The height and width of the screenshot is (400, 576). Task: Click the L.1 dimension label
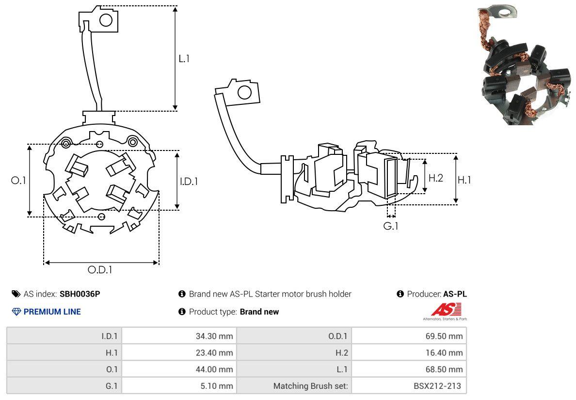tap(184, 59)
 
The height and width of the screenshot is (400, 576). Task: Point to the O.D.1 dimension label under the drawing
tap(100, 270)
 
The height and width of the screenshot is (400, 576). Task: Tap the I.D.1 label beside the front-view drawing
tap(189, 181)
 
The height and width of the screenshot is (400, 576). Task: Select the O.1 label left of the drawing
tap(18, 180)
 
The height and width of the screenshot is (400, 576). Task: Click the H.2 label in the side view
tap(435, 178)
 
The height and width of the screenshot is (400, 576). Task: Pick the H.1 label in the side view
tap(464, 180)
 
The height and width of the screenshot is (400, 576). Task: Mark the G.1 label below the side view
tap(391, 226)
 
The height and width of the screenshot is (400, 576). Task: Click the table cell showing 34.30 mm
tap(214, 336)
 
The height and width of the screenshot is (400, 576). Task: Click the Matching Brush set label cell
tap(310, 386)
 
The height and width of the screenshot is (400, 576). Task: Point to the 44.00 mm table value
tap(214, 369)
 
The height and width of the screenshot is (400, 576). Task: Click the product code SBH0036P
tap(80, 294)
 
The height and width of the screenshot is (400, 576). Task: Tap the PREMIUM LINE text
tap(52, 312)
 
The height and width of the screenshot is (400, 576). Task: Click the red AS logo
tap(446, 309)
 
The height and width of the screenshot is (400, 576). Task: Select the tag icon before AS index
tap(16, 294)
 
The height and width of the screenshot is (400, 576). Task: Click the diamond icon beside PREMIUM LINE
tap(16, 312)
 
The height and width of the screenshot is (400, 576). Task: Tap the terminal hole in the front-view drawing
tap(106, 20)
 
